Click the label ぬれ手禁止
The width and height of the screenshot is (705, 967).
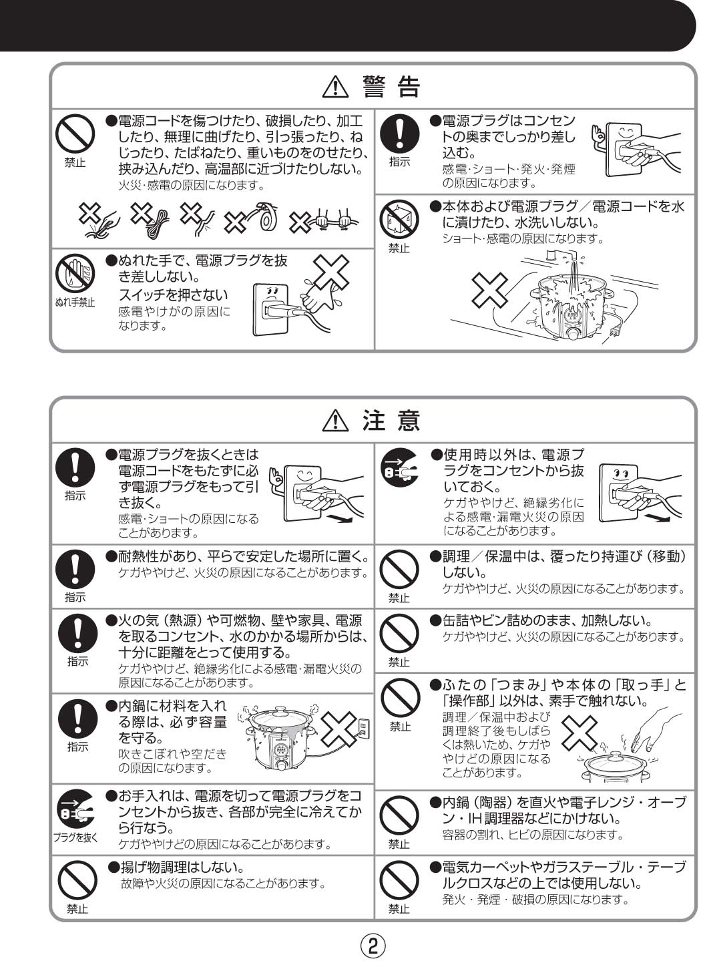[75, 303]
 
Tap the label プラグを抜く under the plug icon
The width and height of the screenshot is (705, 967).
[75, 837]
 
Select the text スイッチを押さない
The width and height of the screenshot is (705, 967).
[173, 295]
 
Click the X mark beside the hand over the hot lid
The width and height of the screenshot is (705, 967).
[579, 733]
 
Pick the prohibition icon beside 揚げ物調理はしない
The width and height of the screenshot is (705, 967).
[77, 880]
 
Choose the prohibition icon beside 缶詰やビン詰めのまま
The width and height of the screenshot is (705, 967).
[399, 633]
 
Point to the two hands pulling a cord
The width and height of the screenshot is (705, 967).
[332, 218]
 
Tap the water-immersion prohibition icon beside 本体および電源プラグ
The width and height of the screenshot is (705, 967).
[399, 220]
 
